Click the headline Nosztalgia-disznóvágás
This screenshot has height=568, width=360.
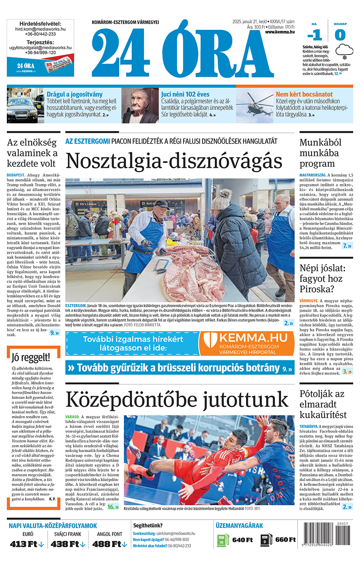[x=174, y=161]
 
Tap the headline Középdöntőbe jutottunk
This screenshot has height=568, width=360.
[x=177, y=400]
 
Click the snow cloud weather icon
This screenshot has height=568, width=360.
[x=344, y=50]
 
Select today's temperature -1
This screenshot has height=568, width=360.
[x=315, y=35]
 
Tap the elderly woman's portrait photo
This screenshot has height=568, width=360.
[x=140, y=105]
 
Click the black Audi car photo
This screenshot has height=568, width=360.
[x=25, y=106]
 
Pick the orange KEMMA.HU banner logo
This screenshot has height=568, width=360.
[x=246, y=343]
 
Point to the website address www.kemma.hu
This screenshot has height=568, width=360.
[x=280, y=32]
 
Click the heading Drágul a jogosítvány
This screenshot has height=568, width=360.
[x=74, y=94]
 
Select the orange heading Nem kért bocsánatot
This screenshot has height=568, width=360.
[x=304, y=94]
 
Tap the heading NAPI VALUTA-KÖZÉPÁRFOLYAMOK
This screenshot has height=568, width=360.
[x=53, y=526]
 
